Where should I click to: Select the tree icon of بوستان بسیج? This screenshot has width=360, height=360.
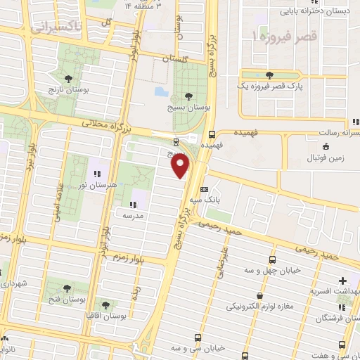186,96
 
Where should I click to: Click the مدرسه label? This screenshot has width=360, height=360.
131,215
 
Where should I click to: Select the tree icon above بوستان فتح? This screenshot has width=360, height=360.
67,288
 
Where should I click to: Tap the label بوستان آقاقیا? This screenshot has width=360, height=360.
106,316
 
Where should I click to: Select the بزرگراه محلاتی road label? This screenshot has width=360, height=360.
105,127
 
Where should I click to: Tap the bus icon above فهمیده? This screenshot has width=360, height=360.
212,134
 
